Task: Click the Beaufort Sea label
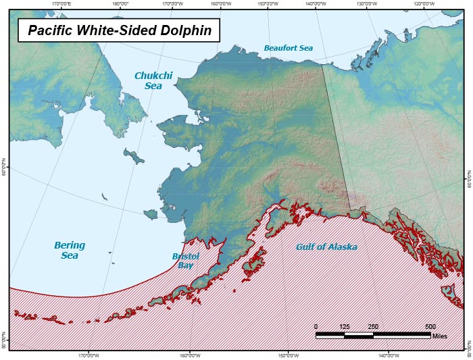[289, 48]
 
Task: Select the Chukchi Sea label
[148, 80]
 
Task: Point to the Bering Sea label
[70, 250]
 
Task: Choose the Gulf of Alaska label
[326, 247]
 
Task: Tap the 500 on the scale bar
[430, 326]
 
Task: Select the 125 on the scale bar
[344, 326]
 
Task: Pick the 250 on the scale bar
[372, 326]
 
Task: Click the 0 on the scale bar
[316, 326]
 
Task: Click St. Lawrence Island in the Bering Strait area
[134, 157]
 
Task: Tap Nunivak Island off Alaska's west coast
[150, 214]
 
